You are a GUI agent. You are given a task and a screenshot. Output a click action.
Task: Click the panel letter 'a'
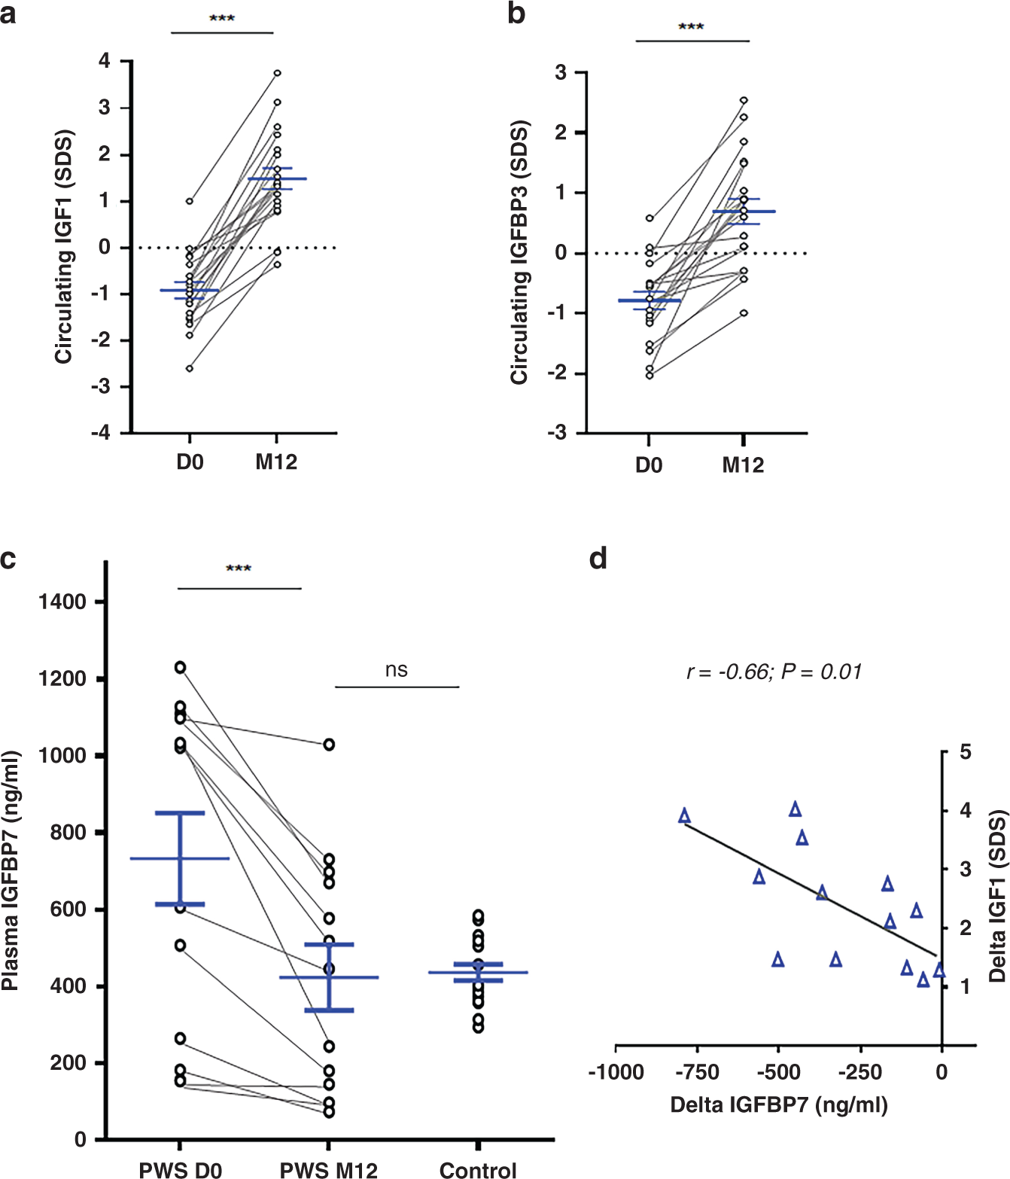point(8,14)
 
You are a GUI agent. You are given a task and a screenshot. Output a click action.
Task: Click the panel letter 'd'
point(598,559)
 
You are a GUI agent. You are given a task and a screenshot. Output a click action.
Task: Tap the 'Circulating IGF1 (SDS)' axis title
point(64,247)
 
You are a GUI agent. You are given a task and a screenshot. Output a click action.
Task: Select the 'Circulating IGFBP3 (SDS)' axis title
point(519,253)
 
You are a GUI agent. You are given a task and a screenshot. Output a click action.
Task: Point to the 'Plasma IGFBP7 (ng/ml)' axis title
point(11,870)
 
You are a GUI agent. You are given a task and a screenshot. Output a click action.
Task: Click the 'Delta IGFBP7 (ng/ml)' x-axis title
point(779,1105)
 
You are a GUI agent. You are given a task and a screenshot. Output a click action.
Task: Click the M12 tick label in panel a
point(276,462)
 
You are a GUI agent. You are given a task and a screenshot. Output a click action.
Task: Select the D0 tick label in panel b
point(649,465)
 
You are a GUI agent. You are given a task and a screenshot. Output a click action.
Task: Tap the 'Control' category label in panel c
point(478,1170)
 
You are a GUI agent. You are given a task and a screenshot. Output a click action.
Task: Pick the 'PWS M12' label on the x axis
point(329,1170)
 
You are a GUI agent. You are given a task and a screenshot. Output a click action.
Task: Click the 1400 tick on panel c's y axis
point(62,602)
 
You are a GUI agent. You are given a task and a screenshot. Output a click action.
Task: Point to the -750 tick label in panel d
point(697,1072)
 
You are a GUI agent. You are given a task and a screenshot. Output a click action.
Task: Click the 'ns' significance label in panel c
point(397,670)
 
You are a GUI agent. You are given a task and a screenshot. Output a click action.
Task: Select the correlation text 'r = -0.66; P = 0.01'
point(774,672)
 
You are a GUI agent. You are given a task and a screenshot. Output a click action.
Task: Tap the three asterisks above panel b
point(691,27)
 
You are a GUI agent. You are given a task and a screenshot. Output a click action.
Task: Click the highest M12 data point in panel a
point(277,73)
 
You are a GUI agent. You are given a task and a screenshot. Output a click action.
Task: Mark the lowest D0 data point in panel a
point(190,368)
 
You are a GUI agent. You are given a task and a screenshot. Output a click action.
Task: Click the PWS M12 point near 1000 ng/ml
point(329,745)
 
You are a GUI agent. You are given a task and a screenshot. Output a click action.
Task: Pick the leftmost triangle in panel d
point(684,816)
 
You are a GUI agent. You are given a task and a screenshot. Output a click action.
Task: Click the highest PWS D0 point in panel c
point(181,667)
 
